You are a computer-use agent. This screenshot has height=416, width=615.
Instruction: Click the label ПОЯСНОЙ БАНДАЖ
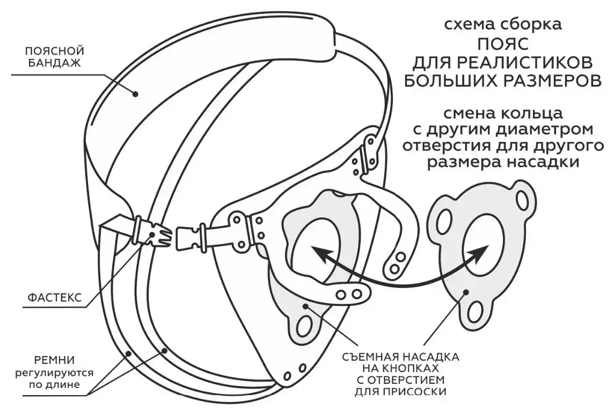[x=55, y=57]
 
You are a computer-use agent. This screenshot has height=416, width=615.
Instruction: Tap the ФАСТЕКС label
[x=55, y=298]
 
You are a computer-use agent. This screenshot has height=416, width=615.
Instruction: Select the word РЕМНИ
[x=54, y=360]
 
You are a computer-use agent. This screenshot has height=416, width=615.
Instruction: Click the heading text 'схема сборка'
[x=503, y=25]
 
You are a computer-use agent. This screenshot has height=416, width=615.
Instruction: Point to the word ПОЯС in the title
[x=503, y=44]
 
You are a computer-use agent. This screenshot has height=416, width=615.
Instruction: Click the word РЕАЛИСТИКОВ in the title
[x=531, y=63]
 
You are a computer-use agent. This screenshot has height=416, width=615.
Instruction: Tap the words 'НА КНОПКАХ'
[x=400, y=369]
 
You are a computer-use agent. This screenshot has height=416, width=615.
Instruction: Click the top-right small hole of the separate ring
[x=523, y=200]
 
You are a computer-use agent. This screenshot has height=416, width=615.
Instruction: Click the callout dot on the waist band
[x=135, y=94]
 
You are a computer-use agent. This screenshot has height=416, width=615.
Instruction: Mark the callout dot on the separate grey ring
[x=466, y=291]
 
